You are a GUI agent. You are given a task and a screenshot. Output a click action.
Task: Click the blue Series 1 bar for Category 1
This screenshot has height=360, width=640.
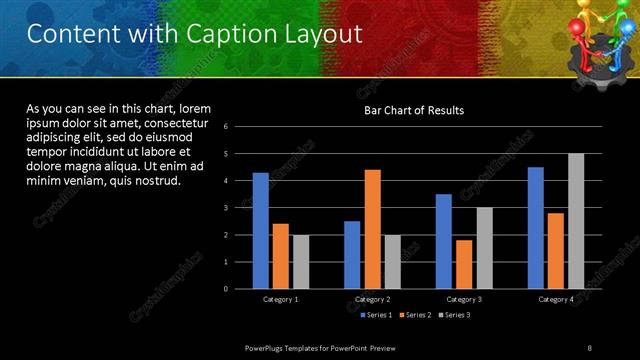[x=260, y=230]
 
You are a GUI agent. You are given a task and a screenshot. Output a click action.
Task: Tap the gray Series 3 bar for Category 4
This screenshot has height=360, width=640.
[x=575, y=221]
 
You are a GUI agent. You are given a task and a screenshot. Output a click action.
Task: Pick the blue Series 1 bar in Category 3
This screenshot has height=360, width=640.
[x=443, y=241]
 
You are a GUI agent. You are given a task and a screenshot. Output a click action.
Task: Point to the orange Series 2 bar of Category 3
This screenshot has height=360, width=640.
[x=463, y=264]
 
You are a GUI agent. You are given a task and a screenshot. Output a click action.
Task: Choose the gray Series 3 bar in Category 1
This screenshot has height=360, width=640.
[x=300, y=261]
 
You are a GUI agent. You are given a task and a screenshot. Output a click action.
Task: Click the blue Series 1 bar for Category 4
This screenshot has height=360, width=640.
[x=535, y=227]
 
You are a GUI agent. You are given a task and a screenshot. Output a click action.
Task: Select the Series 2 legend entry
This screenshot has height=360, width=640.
[x=416, y=315]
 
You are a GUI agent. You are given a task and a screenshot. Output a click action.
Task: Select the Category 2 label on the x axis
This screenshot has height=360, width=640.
[x=372, y=299]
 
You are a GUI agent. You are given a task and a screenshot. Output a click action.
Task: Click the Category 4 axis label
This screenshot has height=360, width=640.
[x=555, y=299]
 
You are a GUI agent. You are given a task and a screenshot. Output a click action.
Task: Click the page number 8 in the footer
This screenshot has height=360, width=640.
[x=589, y=347]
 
